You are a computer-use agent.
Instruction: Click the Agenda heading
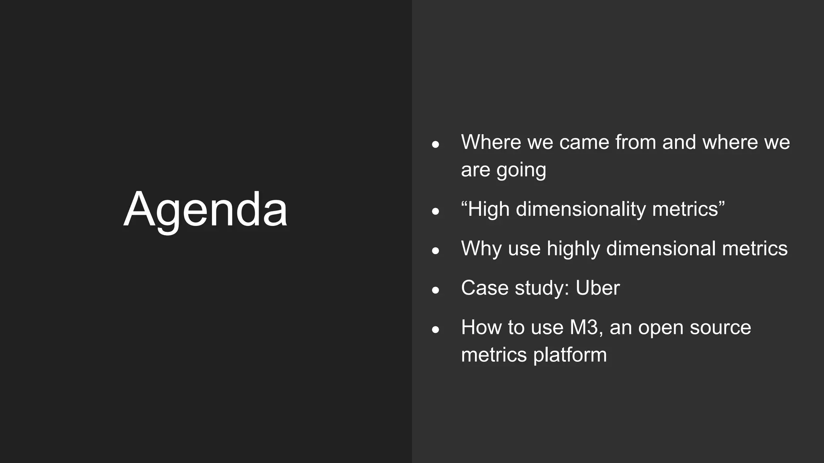click(x=206, y=210)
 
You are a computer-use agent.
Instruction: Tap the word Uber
click(x=597, y=288)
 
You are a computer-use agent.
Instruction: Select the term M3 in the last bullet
click(x=586, y=327)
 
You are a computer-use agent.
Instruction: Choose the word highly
click(x=573, y=248)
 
